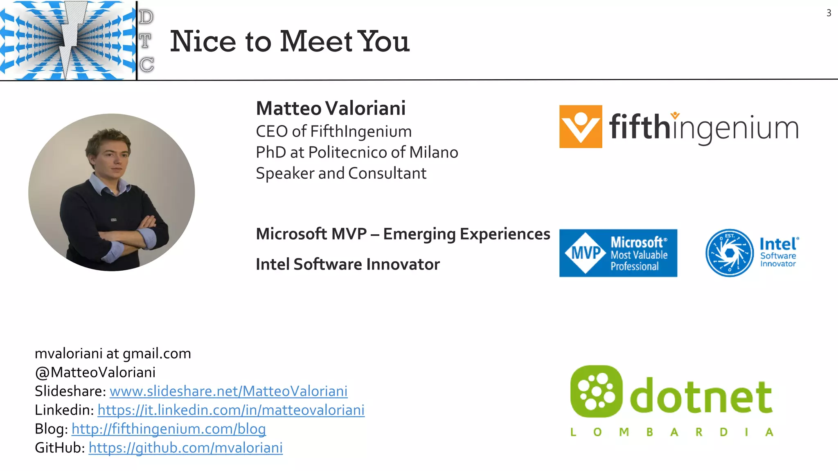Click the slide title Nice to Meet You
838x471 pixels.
click(x=289, y=41)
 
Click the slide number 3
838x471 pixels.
click(x=829, y=13)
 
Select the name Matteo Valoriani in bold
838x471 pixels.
click(x=331, y=108)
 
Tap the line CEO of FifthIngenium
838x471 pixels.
click(x=333, y=132)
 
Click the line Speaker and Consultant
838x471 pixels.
click(x=341, y=173)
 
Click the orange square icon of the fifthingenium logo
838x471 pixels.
click(x=580, y=126)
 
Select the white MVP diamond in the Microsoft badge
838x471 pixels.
click(x=585, y=253)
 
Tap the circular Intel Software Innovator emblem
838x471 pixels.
click(x=729, y=253)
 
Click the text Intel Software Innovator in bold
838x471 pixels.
click(x=347, y=265)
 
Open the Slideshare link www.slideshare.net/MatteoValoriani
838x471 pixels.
click(x=228, y=391)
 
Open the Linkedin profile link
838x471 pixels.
click(x=231, y=410)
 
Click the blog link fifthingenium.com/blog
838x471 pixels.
click(x=169, y=429)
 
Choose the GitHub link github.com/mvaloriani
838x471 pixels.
click(x=185, y=448)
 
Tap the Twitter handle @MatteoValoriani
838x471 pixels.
click(x=95, y=372)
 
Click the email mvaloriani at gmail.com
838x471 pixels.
click(x=113, y=354)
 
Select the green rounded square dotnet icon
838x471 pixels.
click(x=596, y=391)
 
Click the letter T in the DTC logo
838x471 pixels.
click(x=145, y=41)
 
